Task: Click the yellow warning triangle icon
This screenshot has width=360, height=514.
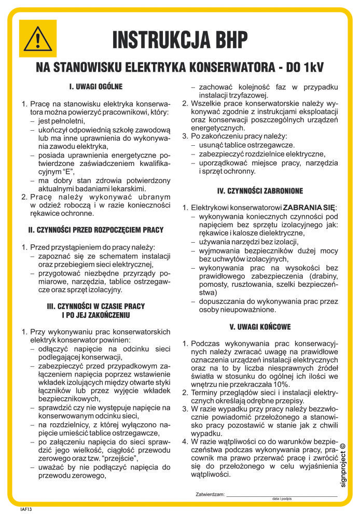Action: pyautogui.click(x=37, y=38)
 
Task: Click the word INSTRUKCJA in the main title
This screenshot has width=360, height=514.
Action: pyautogui.click(x=159, y=39)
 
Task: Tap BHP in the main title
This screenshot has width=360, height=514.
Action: pyautogui.click(x=226, y=39)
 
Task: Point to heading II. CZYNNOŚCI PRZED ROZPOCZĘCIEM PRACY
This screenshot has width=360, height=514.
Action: pyautogui.click(x=95, y=230)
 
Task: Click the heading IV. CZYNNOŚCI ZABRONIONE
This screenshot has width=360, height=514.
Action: pyautogui.click(x=260, y=191)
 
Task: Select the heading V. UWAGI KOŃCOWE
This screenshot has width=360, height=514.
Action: pyautogui.click(x=260, y=327)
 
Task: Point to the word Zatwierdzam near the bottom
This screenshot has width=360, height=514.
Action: pyautogui.click(x=210, y=494)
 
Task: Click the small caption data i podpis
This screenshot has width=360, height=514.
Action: pyautogui.click(x=282, y=499)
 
